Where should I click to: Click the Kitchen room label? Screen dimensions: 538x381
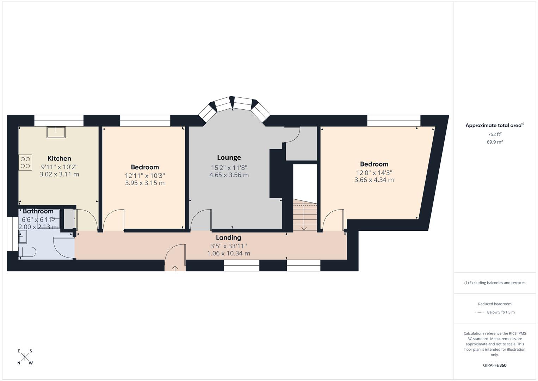click(59, 158)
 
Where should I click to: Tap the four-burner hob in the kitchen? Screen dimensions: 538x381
click(25, 163)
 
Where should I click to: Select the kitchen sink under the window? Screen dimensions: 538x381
click(56, 132)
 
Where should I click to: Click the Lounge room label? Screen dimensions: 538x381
click(229, 158)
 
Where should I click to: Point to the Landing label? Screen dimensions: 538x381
click(228, 238)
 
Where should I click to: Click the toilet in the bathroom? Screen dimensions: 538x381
click(27, 252)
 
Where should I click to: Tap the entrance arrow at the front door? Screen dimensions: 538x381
click(175, 268)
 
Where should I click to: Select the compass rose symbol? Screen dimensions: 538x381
click(25, 357)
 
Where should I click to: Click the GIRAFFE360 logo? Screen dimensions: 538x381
click(495, 365)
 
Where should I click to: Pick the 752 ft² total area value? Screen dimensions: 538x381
click(495, 134)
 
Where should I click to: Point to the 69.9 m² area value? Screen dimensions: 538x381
click(495, 142)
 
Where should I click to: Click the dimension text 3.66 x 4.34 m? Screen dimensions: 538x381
click(374, 180)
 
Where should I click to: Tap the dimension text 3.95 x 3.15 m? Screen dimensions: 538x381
click(145, 183)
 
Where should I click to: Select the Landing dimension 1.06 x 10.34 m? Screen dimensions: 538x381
click(229, 253)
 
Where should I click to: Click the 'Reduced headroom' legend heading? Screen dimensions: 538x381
click(495, 304)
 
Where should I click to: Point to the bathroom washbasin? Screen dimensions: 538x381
click(23, 236)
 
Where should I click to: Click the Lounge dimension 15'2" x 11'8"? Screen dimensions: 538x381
click(229, 168)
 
